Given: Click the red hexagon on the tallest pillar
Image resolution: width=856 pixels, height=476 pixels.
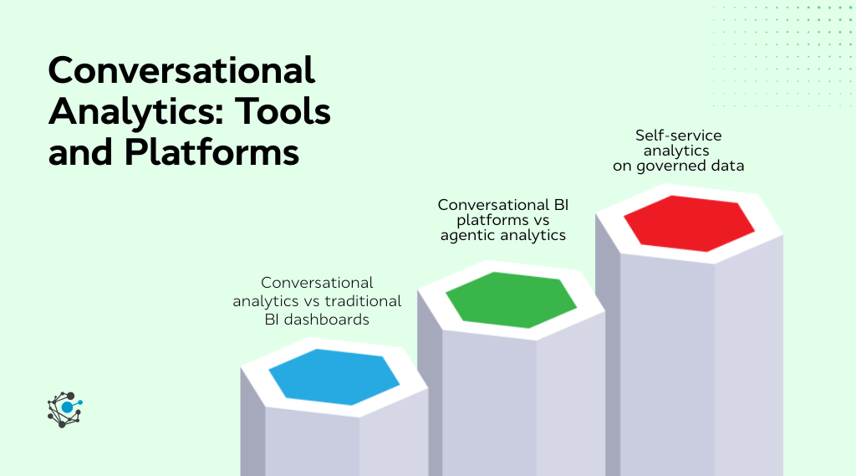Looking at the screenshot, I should click(689, 223).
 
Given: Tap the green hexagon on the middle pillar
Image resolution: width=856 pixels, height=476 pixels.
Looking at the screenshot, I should click(511, 299).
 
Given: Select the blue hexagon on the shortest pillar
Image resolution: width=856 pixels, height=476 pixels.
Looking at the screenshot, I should click(334, 376).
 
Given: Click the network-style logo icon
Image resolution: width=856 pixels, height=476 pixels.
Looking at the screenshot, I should click(64, 409).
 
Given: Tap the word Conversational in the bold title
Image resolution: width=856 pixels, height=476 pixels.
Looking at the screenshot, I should click(181, 71).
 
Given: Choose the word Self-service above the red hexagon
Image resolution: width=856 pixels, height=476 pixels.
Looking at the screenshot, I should click(678, 135).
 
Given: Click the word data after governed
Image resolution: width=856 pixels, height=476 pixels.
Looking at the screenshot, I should click(728, 166).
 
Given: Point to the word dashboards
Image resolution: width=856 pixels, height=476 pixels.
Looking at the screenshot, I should click(327, 319).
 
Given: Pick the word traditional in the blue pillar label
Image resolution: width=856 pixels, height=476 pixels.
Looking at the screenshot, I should click(365, 301).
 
